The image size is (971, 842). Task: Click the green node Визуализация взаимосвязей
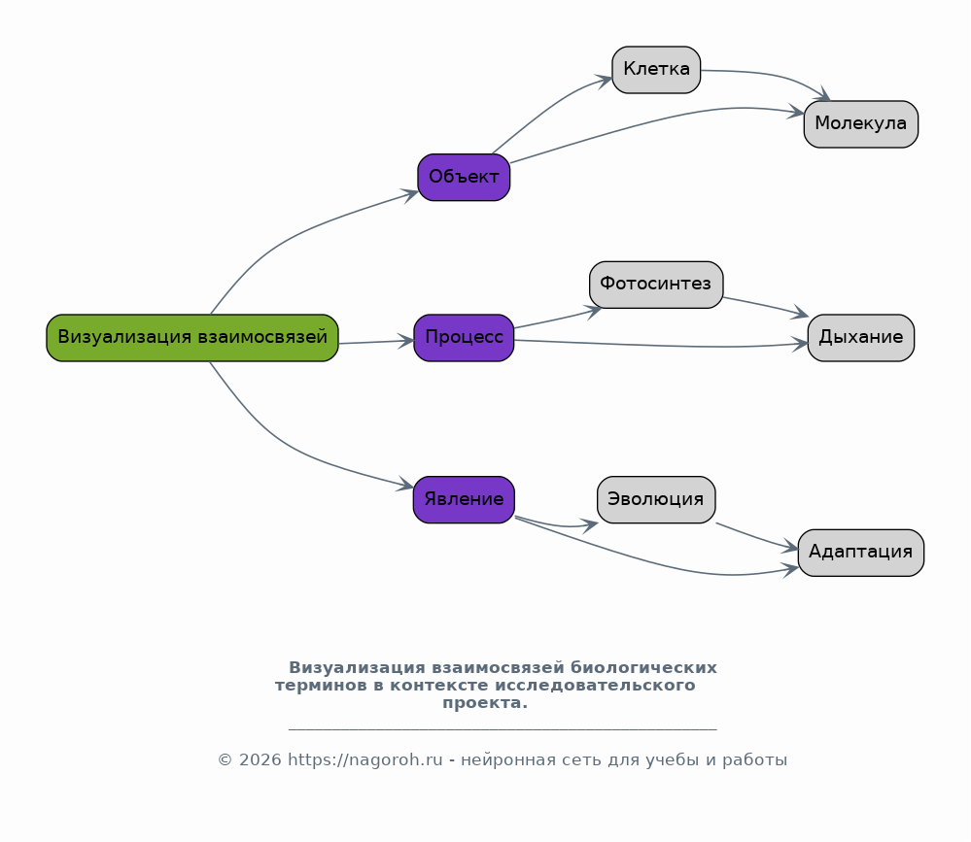pos(192,338)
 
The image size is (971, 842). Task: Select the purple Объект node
pos(464,178)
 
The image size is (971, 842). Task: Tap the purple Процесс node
pos(464,338)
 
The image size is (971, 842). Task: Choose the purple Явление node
pos(464,500)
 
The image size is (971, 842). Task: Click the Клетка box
pos(656,70)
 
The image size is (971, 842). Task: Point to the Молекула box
pos(861,124)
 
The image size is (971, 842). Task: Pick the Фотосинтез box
pos(656,285)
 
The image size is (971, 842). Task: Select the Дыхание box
pos(861,338)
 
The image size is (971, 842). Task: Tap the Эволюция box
pos(656,500)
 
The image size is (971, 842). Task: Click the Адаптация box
pos(861,554)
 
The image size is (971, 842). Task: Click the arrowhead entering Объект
pos(410,195)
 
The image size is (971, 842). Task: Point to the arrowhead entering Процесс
pos(406,340)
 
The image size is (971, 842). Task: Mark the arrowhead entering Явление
pos(406,485)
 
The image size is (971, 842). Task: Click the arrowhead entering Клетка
pos(604,81)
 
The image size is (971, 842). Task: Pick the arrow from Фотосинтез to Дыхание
pos(766,306)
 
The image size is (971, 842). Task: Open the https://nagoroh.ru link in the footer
pos(365,760)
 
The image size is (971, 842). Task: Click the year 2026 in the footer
pos(260,760)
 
